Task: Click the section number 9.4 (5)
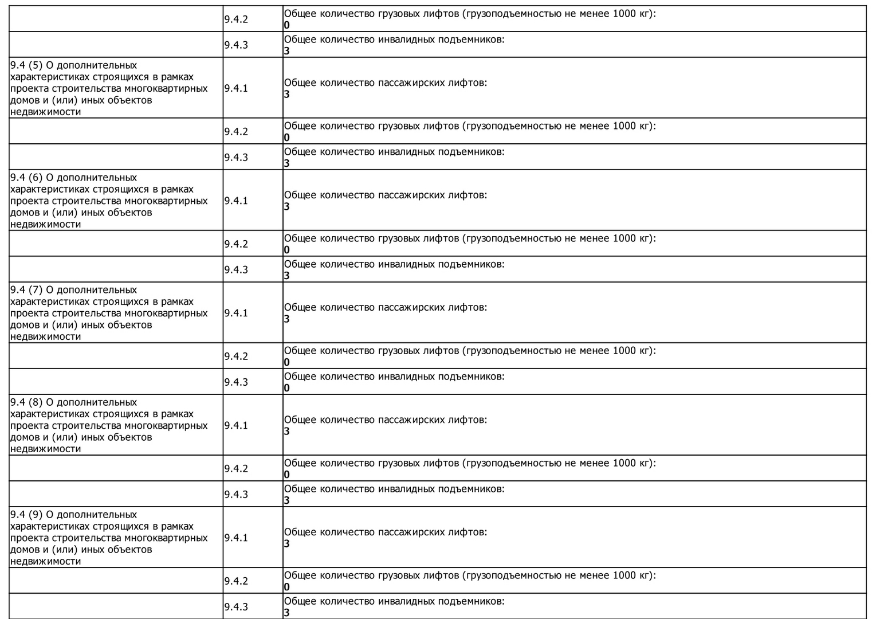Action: (26, 65)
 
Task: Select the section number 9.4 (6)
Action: (26, 178)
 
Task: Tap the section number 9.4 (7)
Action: (26, 290)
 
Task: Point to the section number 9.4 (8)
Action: (26, 402)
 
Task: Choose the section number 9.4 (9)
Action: (26, 515)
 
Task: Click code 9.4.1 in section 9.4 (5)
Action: (236, 88)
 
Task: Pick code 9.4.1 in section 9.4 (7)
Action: (236, 313)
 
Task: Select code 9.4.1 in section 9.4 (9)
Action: (236, 538)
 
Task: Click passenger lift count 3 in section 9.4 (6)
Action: (287, 206)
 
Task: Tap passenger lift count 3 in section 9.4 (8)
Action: (287, 431)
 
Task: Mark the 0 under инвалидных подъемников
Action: (287, 388)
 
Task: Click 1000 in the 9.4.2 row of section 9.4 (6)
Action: (624, 238)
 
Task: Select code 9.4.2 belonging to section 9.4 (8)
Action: (236, 468)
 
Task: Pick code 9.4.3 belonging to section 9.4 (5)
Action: (236, 157)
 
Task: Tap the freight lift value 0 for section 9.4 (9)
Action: (287, 587)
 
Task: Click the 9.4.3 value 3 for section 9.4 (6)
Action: (287, 276)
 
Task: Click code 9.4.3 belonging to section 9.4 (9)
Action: (236, 606)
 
